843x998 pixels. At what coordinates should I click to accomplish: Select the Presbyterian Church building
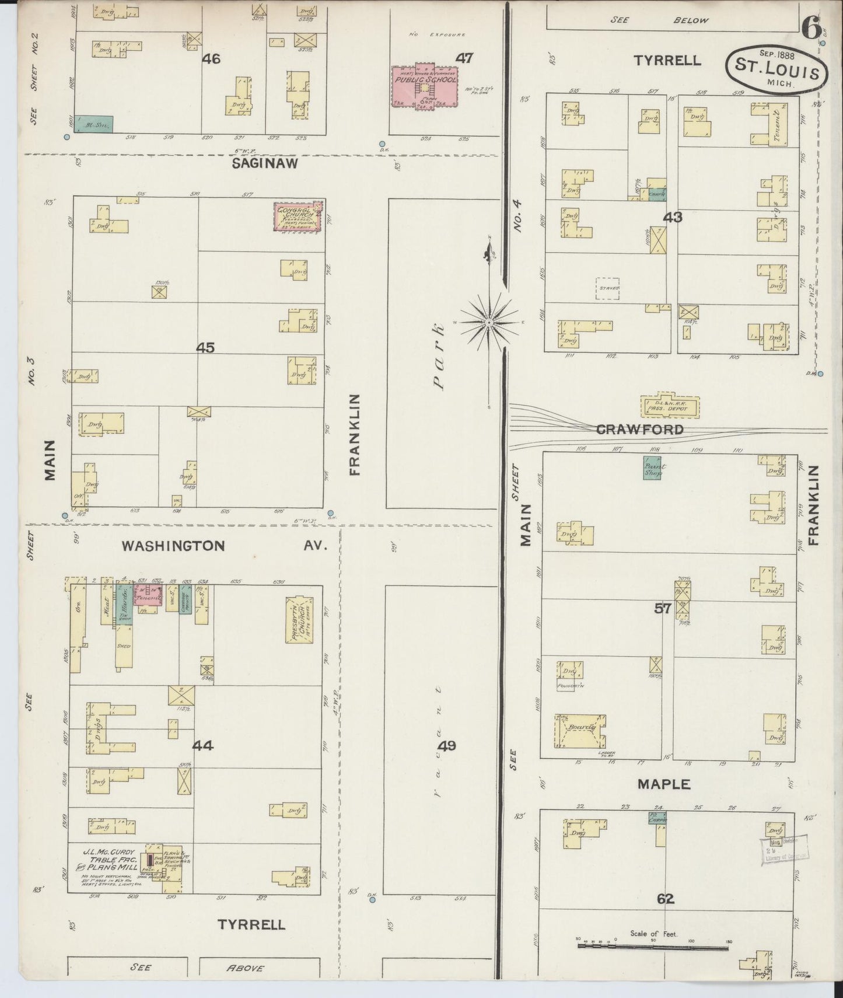click(x=299, y=619)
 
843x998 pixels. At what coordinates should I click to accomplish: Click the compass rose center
click(x=489, y=322)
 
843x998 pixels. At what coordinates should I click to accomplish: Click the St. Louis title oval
click(x=776, y=69)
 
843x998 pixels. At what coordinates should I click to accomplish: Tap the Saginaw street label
click(x=265, y=163)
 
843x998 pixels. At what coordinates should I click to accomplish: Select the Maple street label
click(x=664, y=784)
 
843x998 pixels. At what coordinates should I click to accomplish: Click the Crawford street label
click(x=639, y=430)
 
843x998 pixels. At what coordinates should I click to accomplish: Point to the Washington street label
click(x=173, y=546)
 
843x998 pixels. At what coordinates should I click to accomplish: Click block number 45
click(x=205, y=348)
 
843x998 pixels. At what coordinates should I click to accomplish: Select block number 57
click(x=662, y=609)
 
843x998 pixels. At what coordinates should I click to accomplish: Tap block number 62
click(x=665, y=899)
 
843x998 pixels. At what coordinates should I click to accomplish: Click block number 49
click(x=448, y=745)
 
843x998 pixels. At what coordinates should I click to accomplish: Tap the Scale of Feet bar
click(x=653, y=945)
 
